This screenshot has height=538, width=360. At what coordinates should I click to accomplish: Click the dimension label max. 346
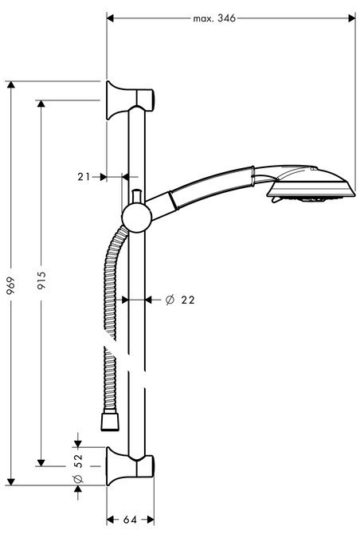(x=215, y=17)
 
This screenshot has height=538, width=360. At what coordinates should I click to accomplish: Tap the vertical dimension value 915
(x=41, y=281)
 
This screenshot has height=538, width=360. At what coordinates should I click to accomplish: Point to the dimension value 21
(x=84, y=177)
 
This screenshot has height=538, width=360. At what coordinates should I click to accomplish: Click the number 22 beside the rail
(x=188, y=300)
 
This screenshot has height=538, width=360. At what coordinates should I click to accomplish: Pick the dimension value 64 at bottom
(x=130, y=520)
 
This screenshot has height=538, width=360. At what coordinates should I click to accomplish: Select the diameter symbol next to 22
(x=169, y=300)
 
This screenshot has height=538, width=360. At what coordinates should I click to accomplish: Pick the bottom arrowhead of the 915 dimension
(x=41, y=461)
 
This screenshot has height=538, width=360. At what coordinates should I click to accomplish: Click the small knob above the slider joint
(x=136, y=194)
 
